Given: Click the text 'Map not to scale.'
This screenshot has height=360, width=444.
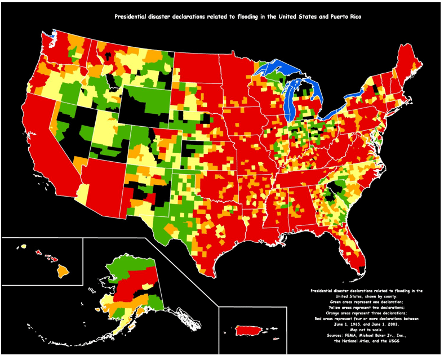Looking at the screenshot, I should click(x=366, y=330).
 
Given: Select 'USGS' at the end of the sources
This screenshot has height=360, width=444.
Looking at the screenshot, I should click(x=397, y=340).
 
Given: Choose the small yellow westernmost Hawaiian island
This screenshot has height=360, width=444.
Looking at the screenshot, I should click(x=24, y=247).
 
